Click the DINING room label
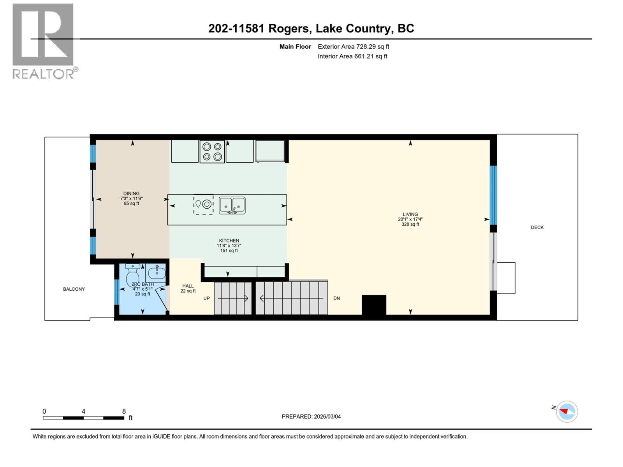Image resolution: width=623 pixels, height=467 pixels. coord(131,193)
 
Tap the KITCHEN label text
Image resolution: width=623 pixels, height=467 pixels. coord(229,241)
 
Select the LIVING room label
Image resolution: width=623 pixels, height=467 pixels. coord(410,214)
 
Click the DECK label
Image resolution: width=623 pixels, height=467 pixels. coord(537,227)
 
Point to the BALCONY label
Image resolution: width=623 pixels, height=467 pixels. coord(74,289)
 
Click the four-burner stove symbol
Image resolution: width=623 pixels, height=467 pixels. coord(212,152)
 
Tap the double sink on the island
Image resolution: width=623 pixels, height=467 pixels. coord(232,205)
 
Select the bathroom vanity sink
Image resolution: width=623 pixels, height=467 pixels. coord(157,272)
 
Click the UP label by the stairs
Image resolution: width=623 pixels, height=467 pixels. coord(206,298)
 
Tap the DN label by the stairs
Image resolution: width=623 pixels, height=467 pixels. coord(336,298)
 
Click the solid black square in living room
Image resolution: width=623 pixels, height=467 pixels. coord(374,305)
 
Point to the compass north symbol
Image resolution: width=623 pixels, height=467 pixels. coord(567,411)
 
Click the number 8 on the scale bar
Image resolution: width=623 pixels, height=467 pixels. coord(124,411)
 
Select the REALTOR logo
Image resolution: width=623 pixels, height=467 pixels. coord(44,41)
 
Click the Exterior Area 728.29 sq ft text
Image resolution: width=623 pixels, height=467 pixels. coord(353,47)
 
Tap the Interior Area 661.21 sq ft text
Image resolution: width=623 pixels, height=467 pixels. coord(352,56)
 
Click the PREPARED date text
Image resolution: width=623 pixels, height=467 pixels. coord(311,416)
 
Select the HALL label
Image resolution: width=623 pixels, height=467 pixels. coord(188,286)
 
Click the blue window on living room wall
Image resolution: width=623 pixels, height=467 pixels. coord(493,195)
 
